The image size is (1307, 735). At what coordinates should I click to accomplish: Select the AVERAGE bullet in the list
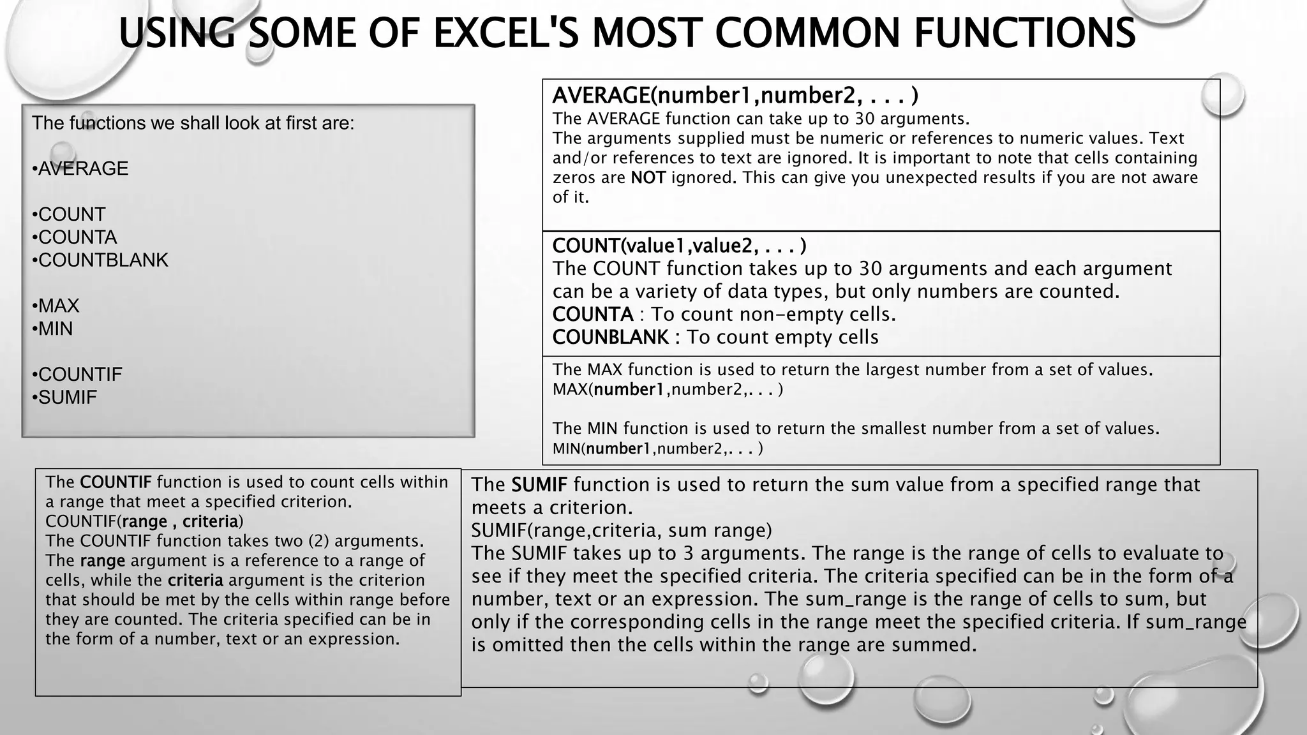click(x=80, y=168)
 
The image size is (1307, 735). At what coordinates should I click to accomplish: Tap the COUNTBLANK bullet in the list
click(x=100, y=260)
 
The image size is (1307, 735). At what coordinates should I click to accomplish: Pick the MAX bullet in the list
click(x=56, y=306)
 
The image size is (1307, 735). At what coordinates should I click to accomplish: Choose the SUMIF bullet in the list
click(x=64, y=397)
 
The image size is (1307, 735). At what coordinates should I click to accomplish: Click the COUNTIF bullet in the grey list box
click(x=77, y=375)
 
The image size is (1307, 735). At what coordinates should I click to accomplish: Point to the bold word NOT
click(x=648, y=177)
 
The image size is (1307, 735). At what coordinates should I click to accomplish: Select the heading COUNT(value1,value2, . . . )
click(x=679, y=246)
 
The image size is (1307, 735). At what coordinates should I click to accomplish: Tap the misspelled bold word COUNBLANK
click(x=610, y=338)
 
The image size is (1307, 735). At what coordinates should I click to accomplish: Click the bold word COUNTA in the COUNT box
click(x=593, y=315)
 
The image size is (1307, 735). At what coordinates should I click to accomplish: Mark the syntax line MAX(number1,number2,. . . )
click(x=668, y=389)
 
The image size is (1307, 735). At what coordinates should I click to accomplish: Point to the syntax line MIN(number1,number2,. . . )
click(x=657, y=449)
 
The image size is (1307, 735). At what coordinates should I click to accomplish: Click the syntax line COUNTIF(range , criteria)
click(x=144, y=521)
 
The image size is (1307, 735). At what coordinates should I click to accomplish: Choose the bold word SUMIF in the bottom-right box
click(x=539, y=485)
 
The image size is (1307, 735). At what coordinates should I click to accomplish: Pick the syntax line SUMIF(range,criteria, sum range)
click(x=622, y=530)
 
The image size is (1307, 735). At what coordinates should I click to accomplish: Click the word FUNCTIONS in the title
click(x=1024, y=33)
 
